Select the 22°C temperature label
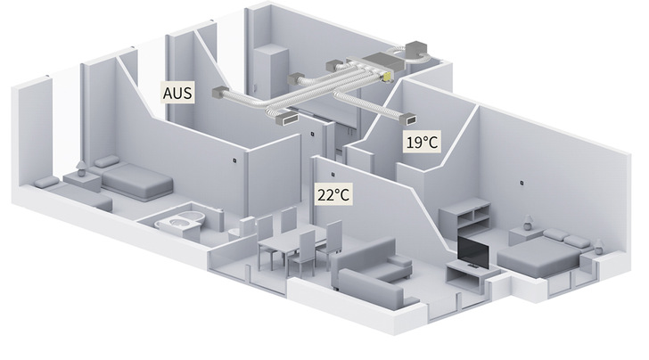click(331, 193)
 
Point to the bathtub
click(183, 221)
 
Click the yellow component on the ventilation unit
click(388, 78)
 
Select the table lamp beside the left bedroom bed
click(81, 168)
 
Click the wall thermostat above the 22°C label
click(332, 173)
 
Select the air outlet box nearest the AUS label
click(219, 93)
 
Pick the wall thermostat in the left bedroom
click(231, 161)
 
